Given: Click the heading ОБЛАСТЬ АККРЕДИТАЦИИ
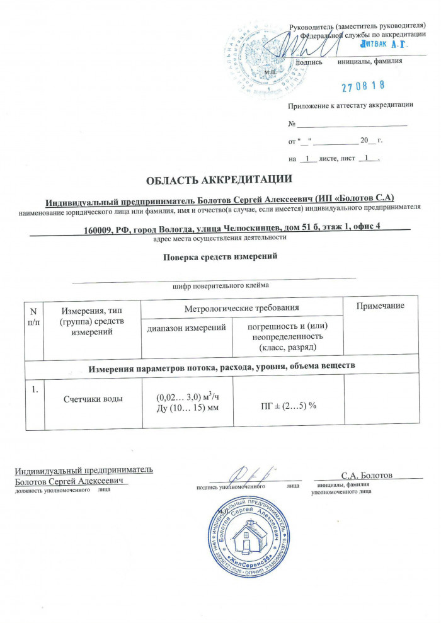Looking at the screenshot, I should point(219,180).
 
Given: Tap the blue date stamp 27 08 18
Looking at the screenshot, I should point(363,85).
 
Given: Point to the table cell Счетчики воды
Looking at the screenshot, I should point(93,399).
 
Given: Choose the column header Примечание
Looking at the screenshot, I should point(380,306).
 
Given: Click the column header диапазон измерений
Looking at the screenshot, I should point(186,328).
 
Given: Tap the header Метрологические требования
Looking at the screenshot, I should point(241,308).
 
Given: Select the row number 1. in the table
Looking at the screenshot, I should point(34,389).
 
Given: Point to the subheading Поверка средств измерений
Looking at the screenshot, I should point(220,257).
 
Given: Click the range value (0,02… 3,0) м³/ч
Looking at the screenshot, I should point(187,396).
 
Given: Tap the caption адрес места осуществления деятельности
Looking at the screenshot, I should point(220,238).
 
